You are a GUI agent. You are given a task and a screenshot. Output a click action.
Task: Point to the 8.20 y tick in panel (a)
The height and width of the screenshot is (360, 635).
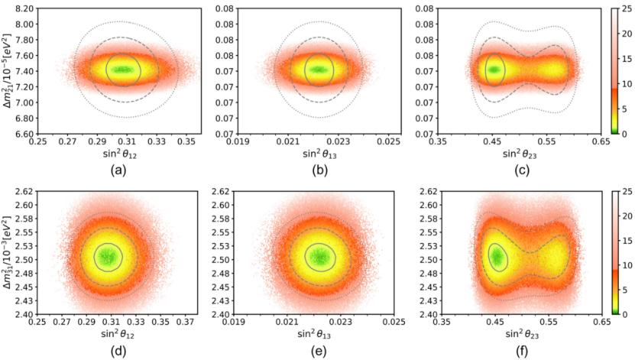coord(23,8)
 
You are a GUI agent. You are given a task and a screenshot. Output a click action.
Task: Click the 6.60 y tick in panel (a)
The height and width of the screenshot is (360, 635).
coord(23,134)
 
